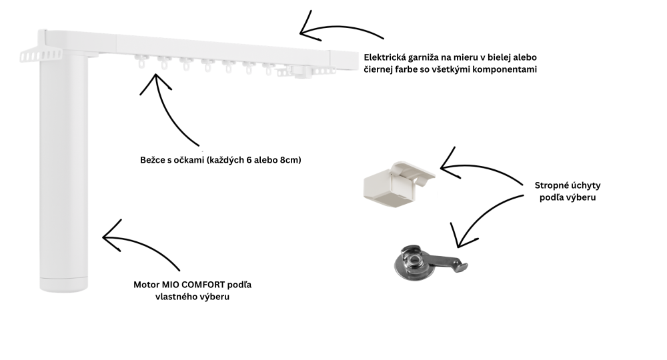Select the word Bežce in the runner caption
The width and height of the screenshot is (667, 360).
tap(151, 160)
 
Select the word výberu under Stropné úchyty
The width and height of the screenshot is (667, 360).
tap(581, 197)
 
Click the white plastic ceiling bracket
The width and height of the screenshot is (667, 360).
tap(398, 185)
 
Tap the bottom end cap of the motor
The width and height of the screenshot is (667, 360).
tap(64, 285)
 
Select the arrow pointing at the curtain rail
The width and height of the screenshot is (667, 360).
tap(336, 29)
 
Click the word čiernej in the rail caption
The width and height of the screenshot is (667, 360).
tap(378, 69)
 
